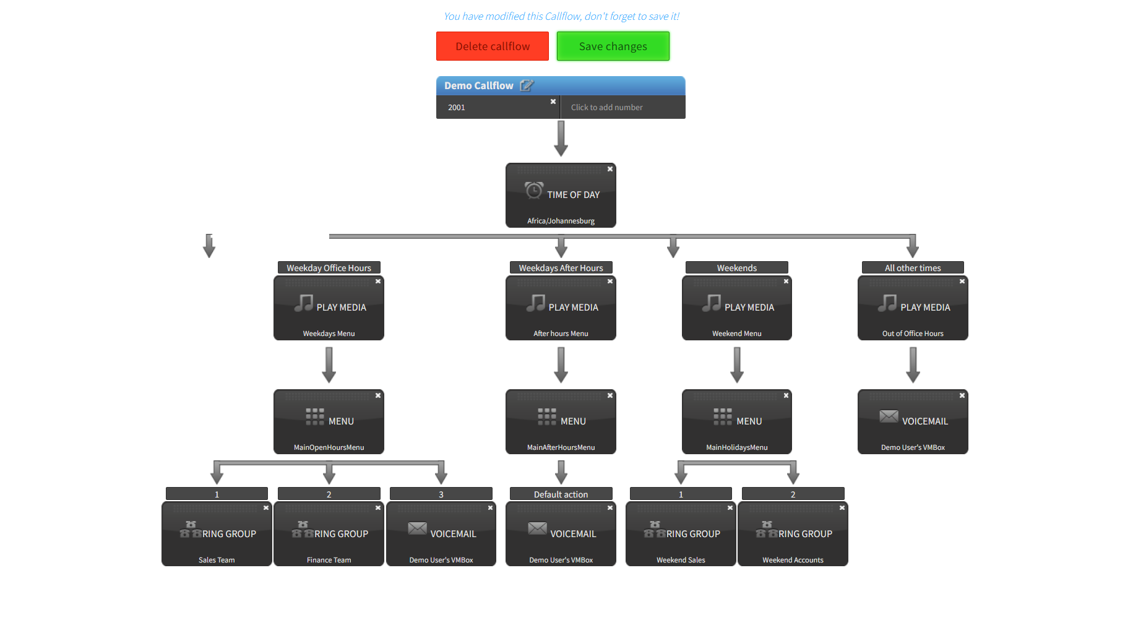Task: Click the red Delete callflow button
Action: (x=492, y=46)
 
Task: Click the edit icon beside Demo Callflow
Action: (x=526, y=85)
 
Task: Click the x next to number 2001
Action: (x=553, y=101)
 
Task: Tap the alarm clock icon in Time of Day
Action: (x=534, y=190)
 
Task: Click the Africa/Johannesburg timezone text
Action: (x=561, y=221)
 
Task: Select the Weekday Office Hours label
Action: (x=329, y=268)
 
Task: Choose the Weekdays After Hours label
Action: (x=561, y=268)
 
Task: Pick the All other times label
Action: (x=913, y=268)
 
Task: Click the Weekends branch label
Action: (x=736, y=268)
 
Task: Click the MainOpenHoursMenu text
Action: (x=329, y=447)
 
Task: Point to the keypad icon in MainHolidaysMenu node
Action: (x=722, y=416)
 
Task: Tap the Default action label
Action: (x=561, y=494)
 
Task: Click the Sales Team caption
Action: (x=217, y=560)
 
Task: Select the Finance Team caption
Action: (x=329, y=560)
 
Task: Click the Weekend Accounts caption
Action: (x=793, y=560)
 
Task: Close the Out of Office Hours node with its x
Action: (x=962, y=282)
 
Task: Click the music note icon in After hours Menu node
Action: (x=536, y=303)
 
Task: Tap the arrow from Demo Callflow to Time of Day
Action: (x=561, y=138)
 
